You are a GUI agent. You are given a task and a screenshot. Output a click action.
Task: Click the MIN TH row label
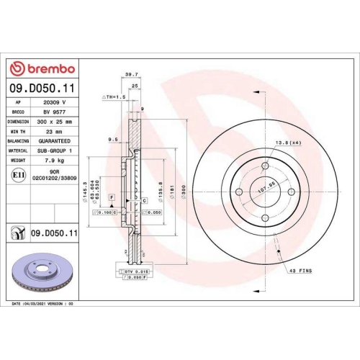(20, 132)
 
